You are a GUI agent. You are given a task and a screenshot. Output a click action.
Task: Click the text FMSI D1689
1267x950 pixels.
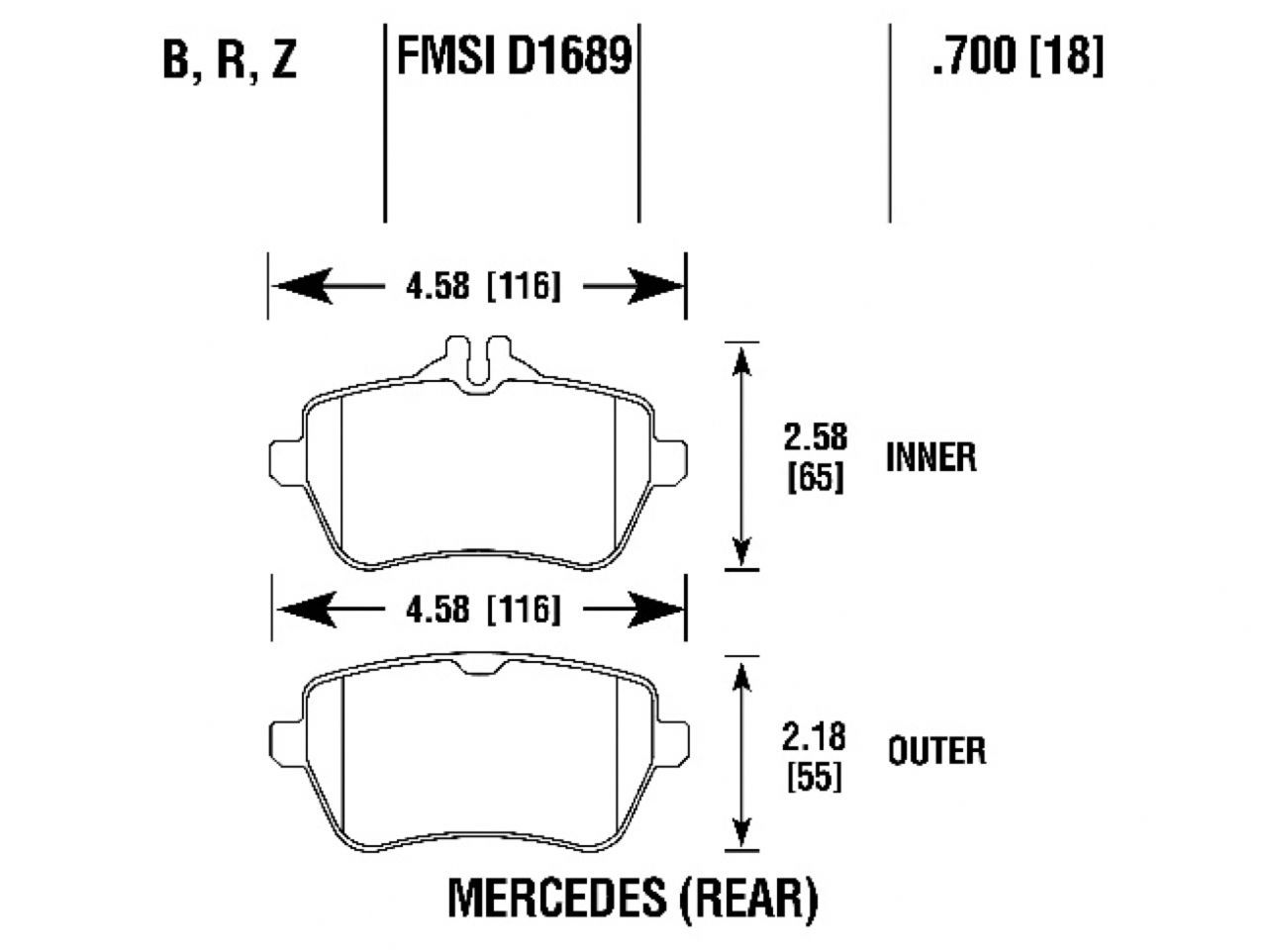(513, 56)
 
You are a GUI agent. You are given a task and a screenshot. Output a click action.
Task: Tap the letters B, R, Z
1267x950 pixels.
(230, 61)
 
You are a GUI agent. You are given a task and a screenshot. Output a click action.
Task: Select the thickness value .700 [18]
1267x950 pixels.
(1017, 56)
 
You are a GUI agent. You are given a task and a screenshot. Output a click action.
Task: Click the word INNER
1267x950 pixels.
(930, 457)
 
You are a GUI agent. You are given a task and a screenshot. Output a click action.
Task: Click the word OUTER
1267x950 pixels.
(936, 750)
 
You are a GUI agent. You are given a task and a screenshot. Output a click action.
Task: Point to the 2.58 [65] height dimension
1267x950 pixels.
(815, 457)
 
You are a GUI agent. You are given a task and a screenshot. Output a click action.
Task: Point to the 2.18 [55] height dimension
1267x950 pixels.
(814, 756)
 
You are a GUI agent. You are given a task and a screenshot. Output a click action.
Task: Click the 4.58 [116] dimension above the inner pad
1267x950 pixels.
(482, 287)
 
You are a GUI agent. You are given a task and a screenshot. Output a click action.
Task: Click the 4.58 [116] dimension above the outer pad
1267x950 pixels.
(482, 610)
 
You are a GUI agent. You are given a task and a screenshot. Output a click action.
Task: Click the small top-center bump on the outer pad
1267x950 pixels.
(478, 665)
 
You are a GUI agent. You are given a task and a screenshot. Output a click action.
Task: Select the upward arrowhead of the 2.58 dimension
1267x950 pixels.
(740, 364)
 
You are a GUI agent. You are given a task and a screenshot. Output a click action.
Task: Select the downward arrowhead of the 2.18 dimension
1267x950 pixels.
(740, 829)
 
